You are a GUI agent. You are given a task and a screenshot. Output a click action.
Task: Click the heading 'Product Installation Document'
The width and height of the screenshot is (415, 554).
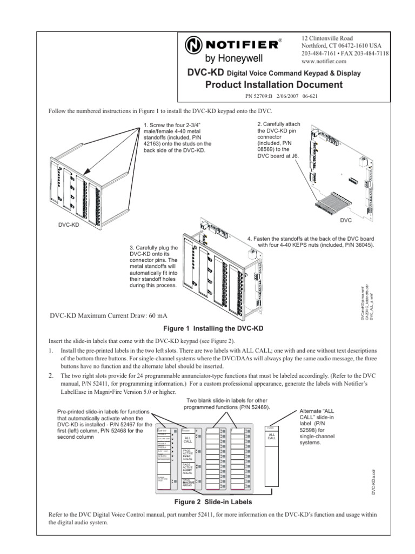click(274, 84)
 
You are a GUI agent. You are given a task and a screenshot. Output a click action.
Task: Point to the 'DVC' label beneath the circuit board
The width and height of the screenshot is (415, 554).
click(346, 221)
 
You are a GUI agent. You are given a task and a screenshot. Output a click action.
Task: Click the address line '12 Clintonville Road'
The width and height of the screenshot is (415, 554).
click(327, 38)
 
